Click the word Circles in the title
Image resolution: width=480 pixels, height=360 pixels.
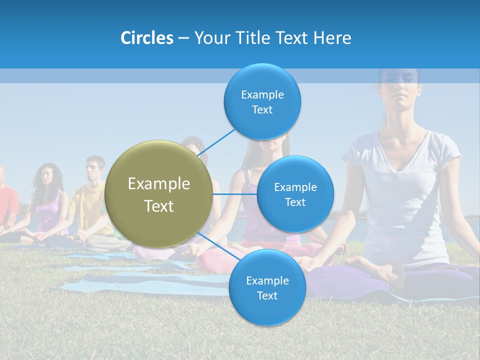click(x=146, y=38)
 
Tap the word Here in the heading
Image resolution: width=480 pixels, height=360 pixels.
click(x=332, y=38)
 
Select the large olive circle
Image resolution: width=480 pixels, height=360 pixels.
click(x=159, y=194)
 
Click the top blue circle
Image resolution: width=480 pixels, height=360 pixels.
click(x=262, y=101)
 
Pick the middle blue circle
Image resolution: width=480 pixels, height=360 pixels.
click(x=295, y=194)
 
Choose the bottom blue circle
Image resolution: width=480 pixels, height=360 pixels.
click(x=267, y=287)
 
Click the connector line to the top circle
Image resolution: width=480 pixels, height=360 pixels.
click(x=217, y=141)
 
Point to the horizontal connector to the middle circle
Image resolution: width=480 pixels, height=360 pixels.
click(x=234, y=194)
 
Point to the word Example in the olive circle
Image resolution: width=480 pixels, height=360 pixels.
click(x=159, y=184)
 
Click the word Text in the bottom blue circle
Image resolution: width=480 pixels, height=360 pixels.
click(x=267, y=295)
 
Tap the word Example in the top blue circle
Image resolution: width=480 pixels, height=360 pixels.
click(x=262, y=94)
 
